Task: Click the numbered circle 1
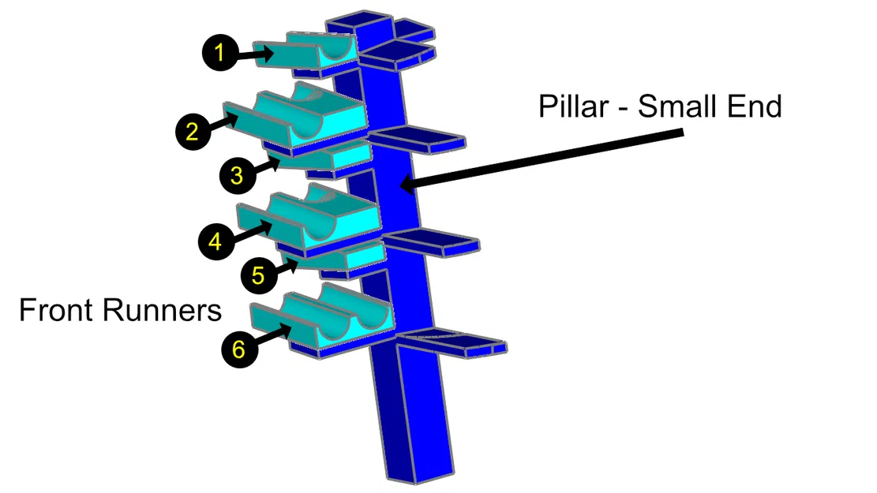(x=219, y=54)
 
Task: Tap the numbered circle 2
(x=192, y=132)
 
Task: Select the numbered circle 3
(x=237, y=176)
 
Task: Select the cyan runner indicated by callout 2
(x=300, y=122)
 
